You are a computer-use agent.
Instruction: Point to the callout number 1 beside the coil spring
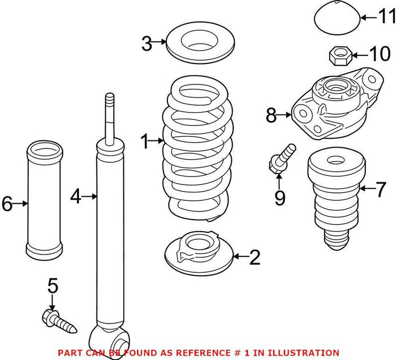coord(145,143)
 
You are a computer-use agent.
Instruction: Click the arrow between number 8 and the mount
coord(285,116)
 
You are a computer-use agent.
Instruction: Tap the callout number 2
coord(254,256)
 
